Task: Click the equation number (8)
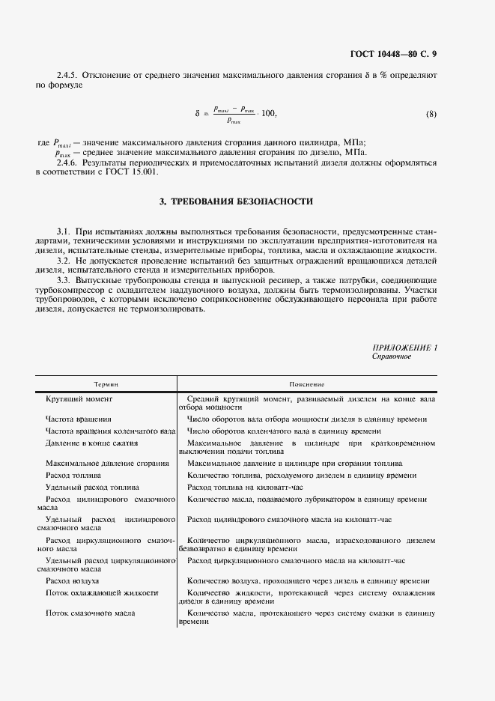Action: (x=431, y=114)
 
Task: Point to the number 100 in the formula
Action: (x=267, y=114)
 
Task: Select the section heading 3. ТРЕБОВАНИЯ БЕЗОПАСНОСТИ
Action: (x=236, y=201)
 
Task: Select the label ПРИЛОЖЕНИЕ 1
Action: (x=404, y=348)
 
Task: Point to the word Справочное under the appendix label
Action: (x=392, y=356)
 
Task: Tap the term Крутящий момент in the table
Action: (x=79, y=399)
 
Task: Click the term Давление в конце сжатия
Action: (x=91, y=443)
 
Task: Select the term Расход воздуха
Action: (x=73, y=580)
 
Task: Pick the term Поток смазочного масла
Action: (x=90, y=613)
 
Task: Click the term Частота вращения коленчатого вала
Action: (x=110, y=431)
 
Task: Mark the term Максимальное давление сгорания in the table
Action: (x=107, y=464)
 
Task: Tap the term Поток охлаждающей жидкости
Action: (x=101, y=592)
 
